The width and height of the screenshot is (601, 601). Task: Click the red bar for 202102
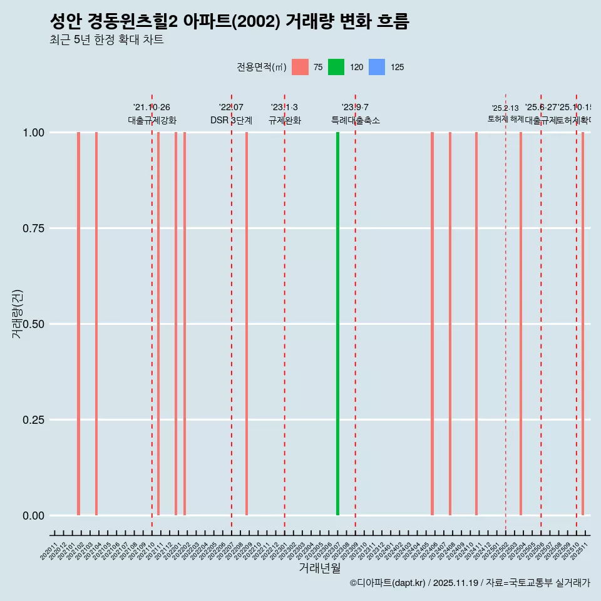(x=78, y=324)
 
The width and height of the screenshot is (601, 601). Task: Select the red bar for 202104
(x=96, y=324)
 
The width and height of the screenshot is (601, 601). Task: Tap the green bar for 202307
(x=338, y=324)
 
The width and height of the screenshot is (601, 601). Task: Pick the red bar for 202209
(x=247, y=324)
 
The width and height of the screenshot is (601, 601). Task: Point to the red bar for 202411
(x=476, y=324)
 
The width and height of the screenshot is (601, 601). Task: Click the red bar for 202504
(x=521, y=324)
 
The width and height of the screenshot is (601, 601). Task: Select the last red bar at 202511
(x=583, y=324)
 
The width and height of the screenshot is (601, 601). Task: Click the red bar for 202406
(x=432, y=324)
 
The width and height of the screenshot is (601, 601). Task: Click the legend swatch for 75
(x=300, y=67)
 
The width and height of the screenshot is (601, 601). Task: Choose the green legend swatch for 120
(x=336, y=67)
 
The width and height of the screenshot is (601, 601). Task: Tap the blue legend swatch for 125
(x=376, y=67)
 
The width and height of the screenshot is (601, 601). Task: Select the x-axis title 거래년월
(x=319, y=568)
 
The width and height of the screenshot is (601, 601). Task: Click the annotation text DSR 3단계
(x=231, y=120)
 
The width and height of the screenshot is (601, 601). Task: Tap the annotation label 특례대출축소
(x=355, y=120)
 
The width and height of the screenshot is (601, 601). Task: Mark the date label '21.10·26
(x=152, y=108)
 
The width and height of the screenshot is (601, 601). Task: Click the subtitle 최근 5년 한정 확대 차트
(x=106, y=40)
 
